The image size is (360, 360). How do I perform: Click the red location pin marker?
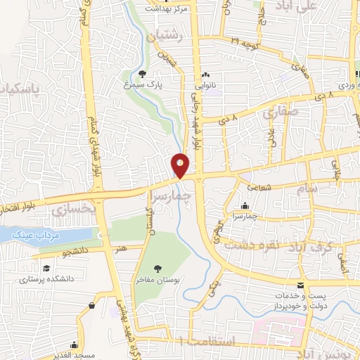[x=181, y=165]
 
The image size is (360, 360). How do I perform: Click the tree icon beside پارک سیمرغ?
[x=143, y=73]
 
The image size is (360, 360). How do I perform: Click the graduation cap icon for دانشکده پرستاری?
[x=46, y=269]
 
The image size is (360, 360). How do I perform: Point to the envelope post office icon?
[x=301, y=285]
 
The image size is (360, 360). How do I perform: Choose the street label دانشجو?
[x=74, y=250]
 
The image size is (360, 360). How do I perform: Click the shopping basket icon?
[x=92, y=306]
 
